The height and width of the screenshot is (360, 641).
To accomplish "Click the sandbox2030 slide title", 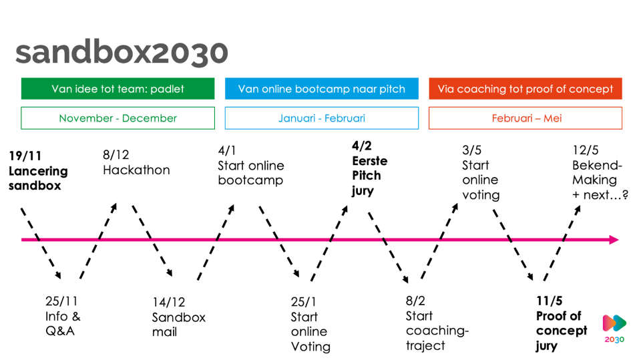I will [122, 52].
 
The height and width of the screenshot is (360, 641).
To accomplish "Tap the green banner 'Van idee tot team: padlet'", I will [118, 89].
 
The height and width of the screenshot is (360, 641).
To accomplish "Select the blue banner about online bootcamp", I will [321, 89].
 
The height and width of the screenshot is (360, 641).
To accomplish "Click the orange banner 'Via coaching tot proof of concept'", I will [525, 89].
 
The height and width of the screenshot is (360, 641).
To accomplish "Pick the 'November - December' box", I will [118, 118].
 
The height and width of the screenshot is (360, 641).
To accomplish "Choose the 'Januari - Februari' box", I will [321, 118].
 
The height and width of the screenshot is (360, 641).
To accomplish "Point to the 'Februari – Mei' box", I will [525, 118].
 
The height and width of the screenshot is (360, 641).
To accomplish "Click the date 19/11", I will [25, 156].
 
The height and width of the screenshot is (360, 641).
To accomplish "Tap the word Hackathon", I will [136, 170].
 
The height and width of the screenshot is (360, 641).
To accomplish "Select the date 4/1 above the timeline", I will [227, 151].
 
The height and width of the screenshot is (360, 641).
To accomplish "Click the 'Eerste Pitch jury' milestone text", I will [370, 168].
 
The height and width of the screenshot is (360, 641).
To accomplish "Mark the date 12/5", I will [586, 151].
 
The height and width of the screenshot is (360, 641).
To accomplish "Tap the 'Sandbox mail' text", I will [178, 317].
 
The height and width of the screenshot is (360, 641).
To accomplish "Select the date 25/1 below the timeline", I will [304, 302].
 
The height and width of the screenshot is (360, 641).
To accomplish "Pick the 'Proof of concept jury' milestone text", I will [561, 323].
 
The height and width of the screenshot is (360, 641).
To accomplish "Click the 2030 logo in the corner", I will [615, 327].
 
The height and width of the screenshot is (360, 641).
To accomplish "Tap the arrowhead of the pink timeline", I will [614, 240].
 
